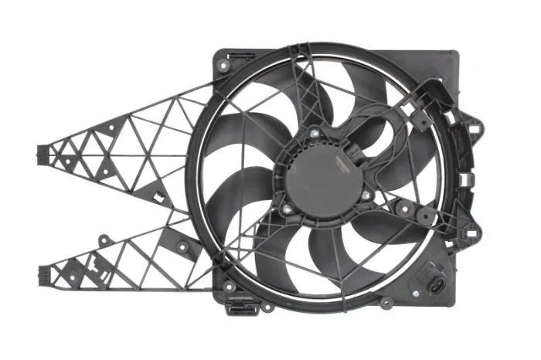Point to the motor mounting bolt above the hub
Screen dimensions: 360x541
(315, 133)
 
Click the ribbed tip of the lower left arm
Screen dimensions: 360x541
(43, 273)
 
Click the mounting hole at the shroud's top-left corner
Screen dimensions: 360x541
(223, 66)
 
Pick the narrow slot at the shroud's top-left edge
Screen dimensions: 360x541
(241, 56)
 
